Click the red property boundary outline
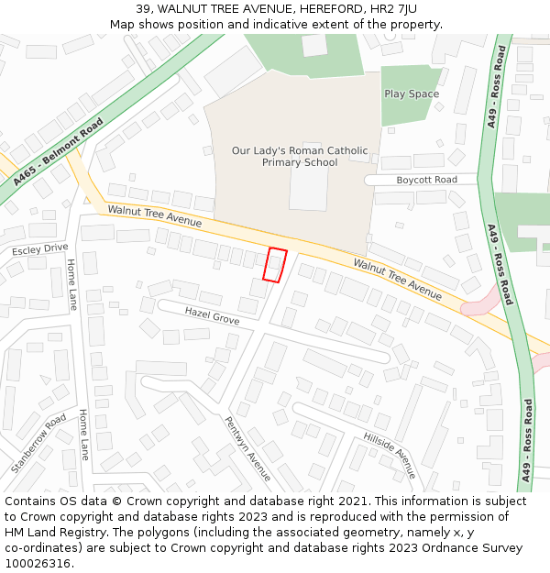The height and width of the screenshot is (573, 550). pos(275,265)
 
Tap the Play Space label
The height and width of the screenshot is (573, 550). pos(412,94)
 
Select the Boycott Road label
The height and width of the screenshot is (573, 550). pos(426,180)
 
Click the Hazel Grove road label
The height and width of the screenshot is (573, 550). pos(212,315)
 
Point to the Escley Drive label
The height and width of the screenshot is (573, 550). pos(39,249)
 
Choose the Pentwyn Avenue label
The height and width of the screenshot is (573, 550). pos(247,448)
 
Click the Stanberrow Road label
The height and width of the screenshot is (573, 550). pos(39,443)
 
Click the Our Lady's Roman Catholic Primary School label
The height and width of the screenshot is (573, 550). pos(300,157)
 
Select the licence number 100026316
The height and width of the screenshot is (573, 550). pos(37,564)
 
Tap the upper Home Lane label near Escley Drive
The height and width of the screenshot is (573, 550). pos(71,283)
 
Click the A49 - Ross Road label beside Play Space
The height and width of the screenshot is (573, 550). pos(497,89)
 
